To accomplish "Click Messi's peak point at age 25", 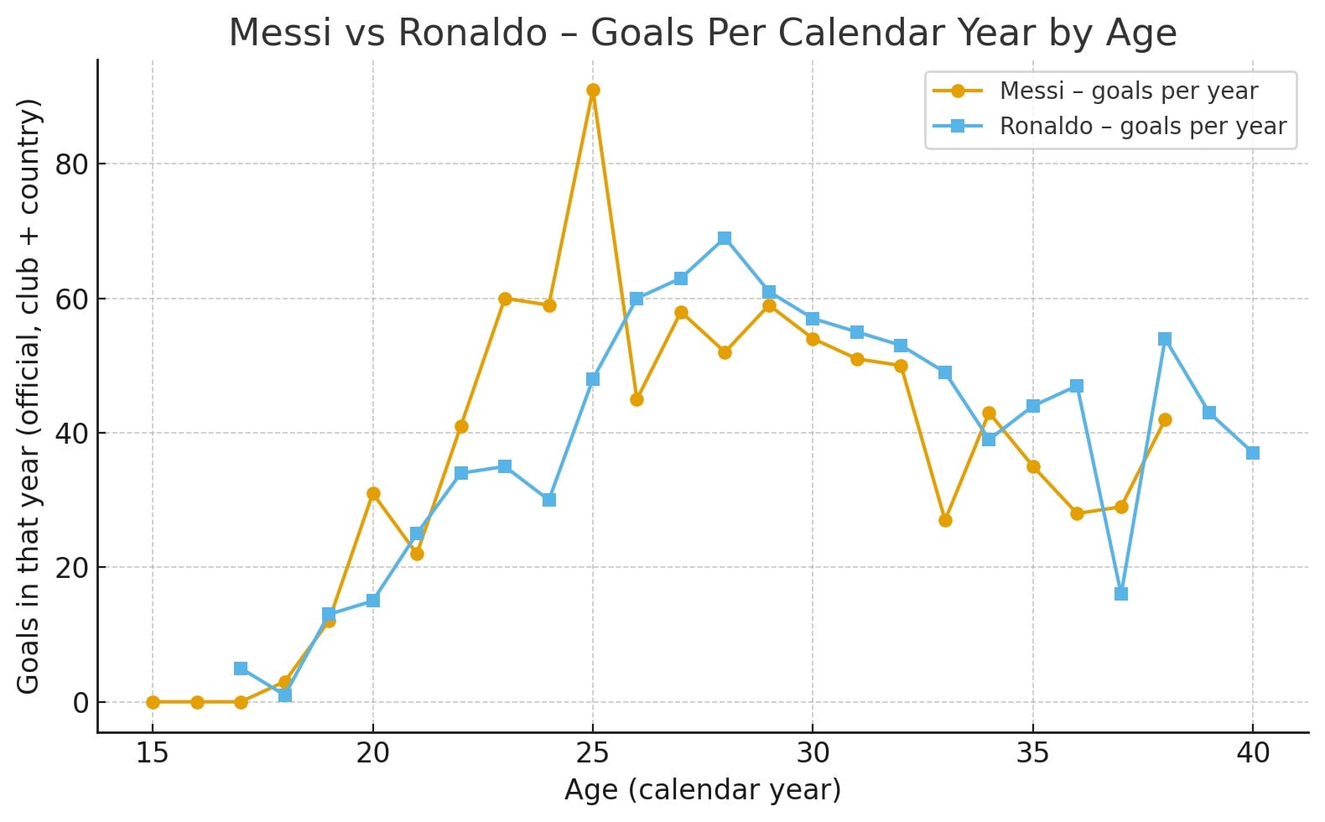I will coord(593,91).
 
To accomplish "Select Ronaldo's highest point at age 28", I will coord(725,238).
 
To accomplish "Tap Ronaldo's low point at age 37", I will coord(1121,594).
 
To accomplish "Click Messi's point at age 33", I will coord(945,520).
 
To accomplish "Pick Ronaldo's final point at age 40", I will coord(1253,453).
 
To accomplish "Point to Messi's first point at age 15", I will coord(153,702).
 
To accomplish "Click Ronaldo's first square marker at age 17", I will coord(241,669).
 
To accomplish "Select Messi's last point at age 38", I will coord(1165,419).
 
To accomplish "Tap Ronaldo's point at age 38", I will coord(1165,339).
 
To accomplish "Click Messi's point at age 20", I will coord(373,493).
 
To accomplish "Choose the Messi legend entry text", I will coord(1128,91).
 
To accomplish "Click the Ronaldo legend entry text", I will coord(1142,127).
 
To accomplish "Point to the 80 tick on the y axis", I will coord(72,164).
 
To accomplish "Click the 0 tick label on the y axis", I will coord(81,703).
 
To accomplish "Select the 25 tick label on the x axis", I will coord(593,753).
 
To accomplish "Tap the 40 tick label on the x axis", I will coord(1253,753).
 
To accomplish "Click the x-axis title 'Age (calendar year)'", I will coord(702,790).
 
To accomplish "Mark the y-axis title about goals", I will coord(29,396).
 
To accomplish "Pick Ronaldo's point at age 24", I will coord(549,500).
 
